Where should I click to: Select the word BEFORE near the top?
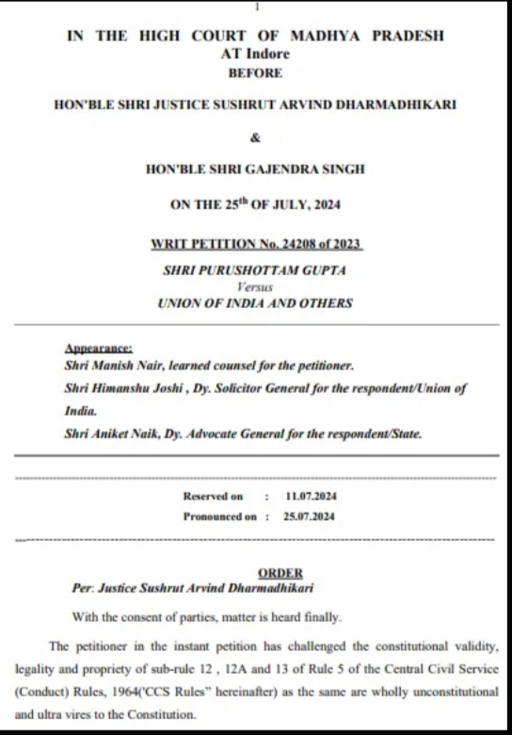pyautogui.click(x=256, y=73)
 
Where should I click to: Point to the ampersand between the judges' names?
pyautogui.click(x=255, y=138)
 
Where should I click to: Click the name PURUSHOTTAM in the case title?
pyautogui.click(x=247, y=270)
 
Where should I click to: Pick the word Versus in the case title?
pyautogui.click(x=255, y=286)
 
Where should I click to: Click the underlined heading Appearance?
pyautogui.click(x=99, y=349)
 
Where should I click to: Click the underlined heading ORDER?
pyautogui.click(x=280, y=573)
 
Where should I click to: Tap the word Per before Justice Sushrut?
pyautogui.click(x=83, y=587)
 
